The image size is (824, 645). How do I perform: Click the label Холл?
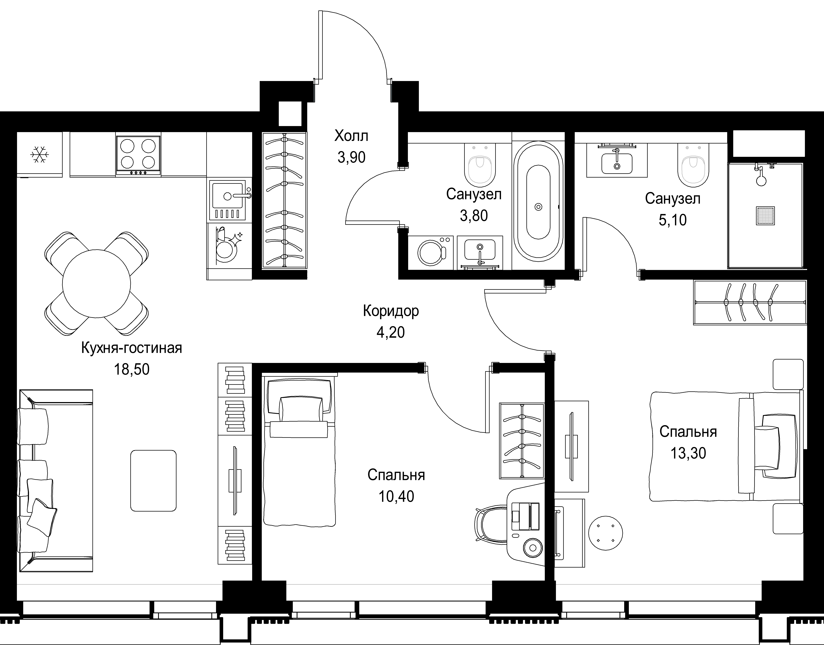coord(351,136)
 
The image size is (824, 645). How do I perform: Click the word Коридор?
coord(391,311)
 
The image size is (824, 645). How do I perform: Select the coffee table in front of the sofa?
coord(153,481)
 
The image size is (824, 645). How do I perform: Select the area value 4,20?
coord(391,332)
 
